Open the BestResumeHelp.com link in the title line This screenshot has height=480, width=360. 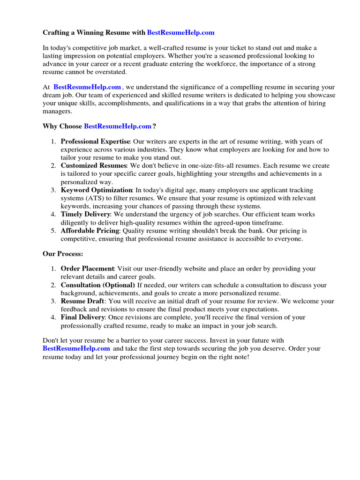pos(180,33)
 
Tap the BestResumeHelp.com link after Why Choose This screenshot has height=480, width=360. pos(118,127)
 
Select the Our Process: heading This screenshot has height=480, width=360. pos(63,254)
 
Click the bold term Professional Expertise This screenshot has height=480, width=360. pos(95,142)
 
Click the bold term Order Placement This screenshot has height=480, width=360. pos(88,269)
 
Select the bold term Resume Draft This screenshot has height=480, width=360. pos(82,301)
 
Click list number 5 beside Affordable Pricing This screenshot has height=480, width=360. pos(53,231)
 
